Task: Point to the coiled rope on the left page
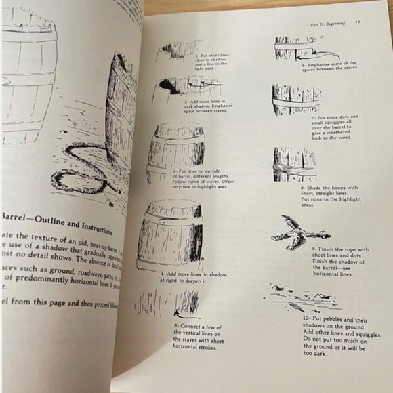point(75,169)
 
